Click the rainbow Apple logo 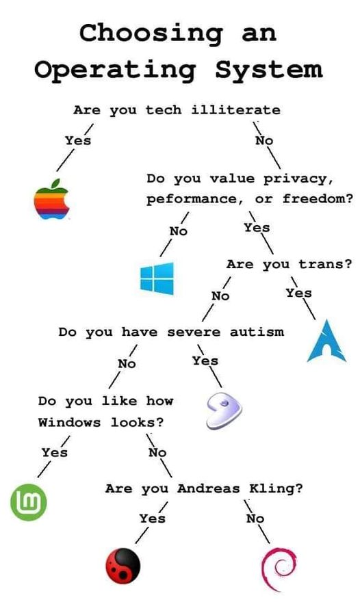tap(52, 199)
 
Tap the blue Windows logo tap(157, 278)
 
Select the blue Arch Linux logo tap(326, 341)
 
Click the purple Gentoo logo tap(224, 410)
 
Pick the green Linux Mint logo tap(29, 502)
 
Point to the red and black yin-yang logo tap(123, 566)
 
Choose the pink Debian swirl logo tap(279, 569)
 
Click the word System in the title tap(269, 69)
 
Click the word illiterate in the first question tap(236, 110)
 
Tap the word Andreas tap(208, 488)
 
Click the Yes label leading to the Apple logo tap(78, 140)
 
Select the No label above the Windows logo tap(178, 231)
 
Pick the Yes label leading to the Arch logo tap(299, 293)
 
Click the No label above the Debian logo tap(255, 519)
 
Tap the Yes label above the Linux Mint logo tap(55, 452)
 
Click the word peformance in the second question tap(192, 199)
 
